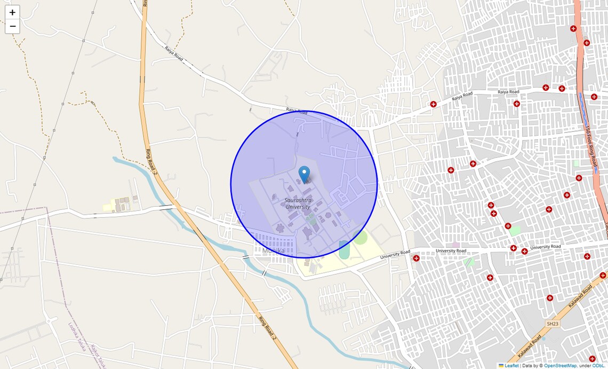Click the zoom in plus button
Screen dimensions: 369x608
point(12,12)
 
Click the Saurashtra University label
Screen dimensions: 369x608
point(298,203)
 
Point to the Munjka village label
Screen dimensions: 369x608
point(274,250)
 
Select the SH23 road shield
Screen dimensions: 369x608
point(551,324)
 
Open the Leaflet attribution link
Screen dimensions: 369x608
point(511,366)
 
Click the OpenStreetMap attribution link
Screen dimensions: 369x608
point(560,366)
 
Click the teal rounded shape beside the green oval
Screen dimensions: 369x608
point(343,249)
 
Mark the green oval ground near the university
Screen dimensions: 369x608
point(361,238)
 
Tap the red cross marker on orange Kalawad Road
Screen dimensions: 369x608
point(603,276)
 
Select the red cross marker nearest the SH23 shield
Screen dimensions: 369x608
point(549,298)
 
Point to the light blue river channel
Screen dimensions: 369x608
point(299,299)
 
